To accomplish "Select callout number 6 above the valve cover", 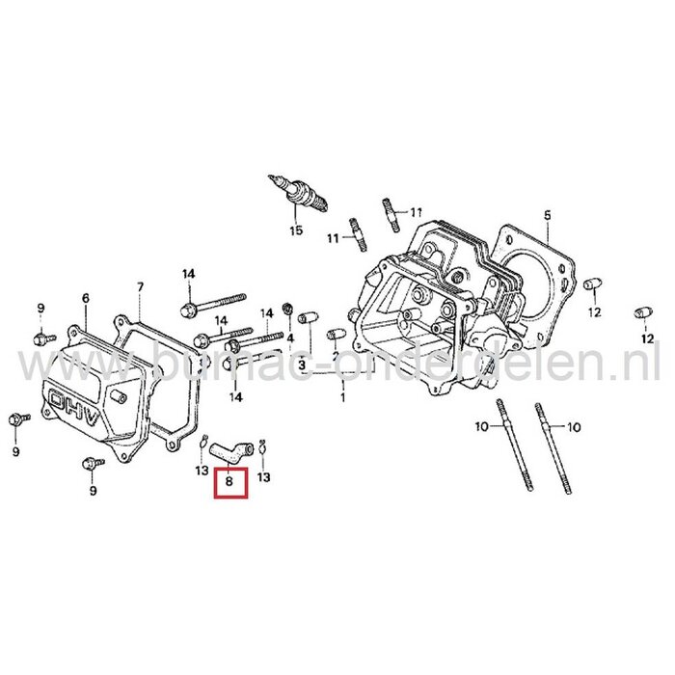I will pyautogui.click(x=85, y=299).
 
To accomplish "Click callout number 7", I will pyautogui.click(x=140, y=287).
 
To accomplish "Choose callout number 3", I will pyautogui.click(x=301, y=365).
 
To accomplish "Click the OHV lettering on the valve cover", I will pyautogui.click(x=74, y=396).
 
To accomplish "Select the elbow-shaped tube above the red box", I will pyautogui.click(x=233, y=446).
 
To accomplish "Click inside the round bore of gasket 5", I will pyautogui.click(x=535, y=280).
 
